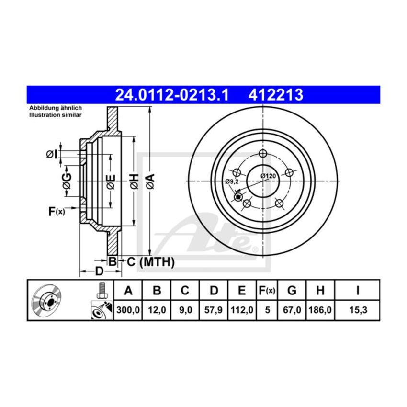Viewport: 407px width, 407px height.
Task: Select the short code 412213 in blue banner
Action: click(x=275, y=94)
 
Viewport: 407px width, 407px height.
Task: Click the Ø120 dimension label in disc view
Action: click(x=268, y=176)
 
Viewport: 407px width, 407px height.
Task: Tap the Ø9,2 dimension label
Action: click(x=232, y=181)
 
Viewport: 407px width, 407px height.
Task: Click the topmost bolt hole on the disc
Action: click(x=262, y=154)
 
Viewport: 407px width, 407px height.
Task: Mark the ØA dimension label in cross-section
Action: click(x=150, y=181)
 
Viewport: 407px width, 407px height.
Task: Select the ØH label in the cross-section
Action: click(x=135, y=181)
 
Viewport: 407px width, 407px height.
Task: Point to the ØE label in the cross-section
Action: click(x=111, y=181)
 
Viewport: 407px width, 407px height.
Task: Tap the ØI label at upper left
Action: click(x=52, y=154)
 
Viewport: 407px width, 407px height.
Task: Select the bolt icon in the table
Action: click(x=101, y=289)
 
